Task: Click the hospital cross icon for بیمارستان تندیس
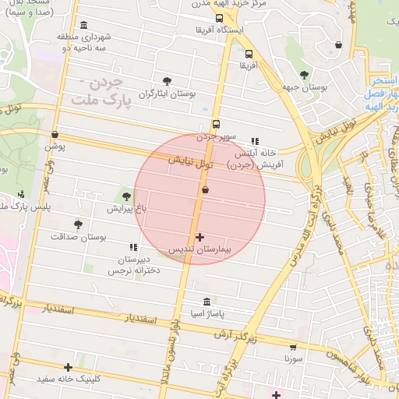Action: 200,237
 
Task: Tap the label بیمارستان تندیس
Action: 199,249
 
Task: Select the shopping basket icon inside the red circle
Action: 205,189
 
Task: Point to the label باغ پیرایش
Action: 126,209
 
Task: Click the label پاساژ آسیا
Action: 206,314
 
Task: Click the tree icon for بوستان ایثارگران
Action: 168,80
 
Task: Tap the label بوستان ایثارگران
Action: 167,94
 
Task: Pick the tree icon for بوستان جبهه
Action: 304,75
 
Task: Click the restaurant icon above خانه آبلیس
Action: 254,142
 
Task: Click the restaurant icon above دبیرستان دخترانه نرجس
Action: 132,246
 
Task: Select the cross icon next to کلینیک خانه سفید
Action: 69,367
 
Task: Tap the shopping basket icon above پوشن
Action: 55,134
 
